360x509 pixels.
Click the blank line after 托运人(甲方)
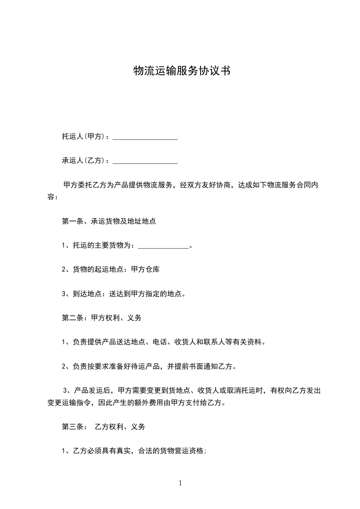click(x=145, y=137)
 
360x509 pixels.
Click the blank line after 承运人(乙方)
click(x=145, y=161)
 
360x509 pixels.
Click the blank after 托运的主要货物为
click(x=163, y=246)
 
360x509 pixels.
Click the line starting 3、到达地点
click(x=123, y=294)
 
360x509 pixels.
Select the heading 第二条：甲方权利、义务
click(x=102, y=318)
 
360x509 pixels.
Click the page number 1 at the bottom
click(x=180, y=484)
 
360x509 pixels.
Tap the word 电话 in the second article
click(x=160, y=342)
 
